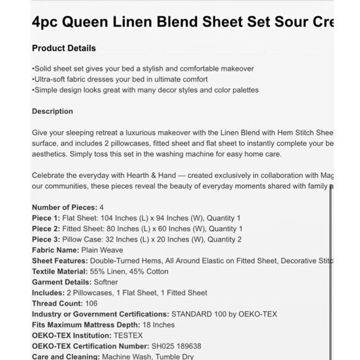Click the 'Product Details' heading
[x=64, y=48]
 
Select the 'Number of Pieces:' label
[x=64, y=207]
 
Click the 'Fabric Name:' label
[x=56, y=250]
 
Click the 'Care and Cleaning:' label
[x=65, y=357]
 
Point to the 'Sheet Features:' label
[x=60, y=261]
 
